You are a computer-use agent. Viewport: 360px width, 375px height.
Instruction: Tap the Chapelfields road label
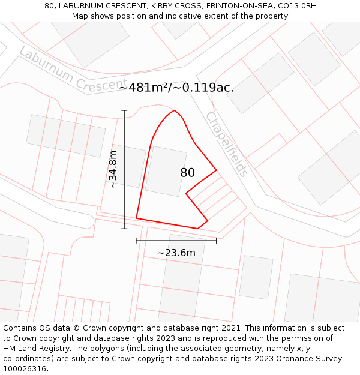point(226,144)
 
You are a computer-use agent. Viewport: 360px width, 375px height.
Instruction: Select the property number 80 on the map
point(187,173)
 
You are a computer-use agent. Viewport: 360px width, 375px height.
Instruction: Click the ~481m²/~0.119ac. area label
point(176,88)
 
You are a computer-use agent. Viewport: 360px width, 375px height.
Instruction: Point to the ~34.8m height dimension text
point(113,169)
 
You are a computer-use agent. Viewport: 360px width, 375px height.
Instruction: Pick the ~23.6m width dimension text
point(176,253)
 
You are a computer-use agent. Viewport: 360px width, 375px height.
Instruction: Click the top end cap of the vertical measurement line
point(125,110)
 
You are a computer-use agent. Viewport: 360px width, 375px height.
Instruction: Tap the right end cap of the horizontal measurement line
point(216,241)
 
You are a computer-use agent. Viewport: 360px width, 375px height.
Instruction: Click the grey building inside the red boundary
point(166,171)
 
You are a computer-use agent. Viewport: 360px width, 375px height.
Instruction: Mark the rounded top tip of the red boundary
point(174,110)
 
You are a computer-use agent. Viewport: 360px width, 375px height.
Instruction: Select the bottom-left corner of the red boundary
point(136,218)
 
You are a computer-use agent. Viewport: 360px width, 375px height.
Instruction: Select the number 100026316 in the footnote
point(25,368)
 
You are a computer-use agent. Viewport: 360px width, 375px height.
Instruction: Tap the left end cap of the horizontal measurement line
point(136,241)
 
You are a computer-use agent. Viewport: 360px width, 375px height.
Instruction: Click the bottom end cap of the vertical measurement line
point(125,229)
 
